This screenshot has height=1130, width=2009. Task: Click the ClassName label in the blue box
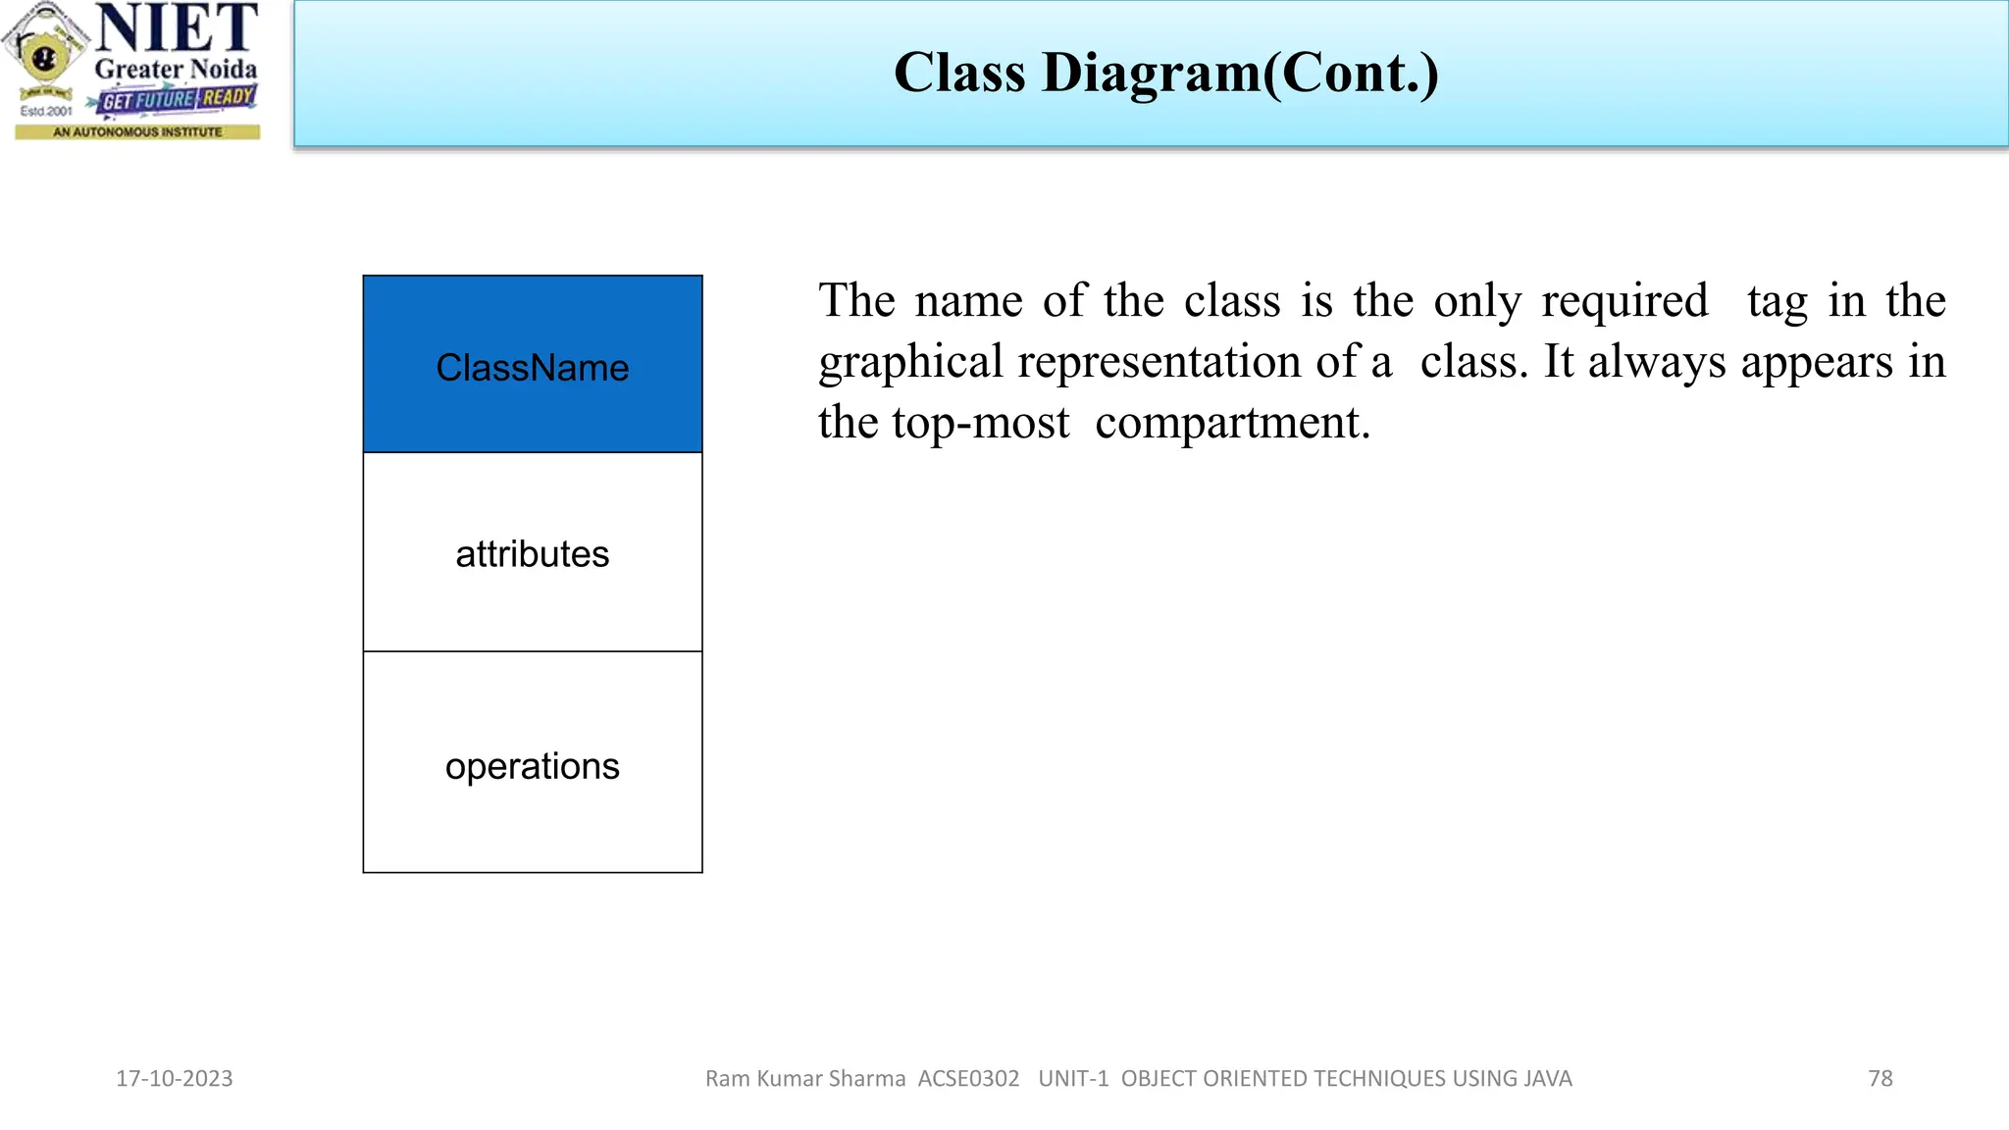tap(532, 368)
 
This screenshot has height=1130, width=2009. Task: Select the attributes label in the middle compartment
tap(532, 554)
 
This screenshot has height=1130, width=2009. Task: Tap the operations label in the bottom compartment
tap(532, 766)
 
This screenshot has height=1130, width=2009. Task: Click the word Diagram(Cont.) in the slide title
tap(1240, 74)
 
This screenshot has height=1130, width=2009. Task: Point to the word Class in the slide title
tap(959, 74)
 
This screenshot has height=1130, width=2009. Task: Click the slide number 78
tap(1880, 1078)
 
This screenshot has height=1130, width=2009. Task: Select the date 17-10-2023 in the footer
tap(175, 1078)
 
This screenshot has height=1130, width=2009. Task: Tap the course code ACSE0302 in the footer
tap(968, 1078)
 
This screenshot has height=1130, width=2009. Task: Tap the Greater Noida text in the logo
tap(176, 70)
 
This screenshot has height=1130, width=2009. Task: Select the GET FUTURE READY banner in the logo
tap(177, 99)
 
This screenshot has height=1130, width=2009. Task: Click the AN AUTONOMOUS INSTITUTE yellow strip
tap(137, 131)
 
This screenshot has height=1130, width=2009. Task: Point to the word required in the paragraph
tap(1623, 301)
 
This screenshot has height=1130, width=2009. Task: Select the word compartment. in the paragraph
tap(1232, 423)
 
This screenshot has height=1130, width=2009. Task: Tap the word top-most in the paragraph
tap(980, 423)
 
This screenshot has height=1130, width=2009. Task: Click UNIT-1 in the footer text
tap(1073, 1078)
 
